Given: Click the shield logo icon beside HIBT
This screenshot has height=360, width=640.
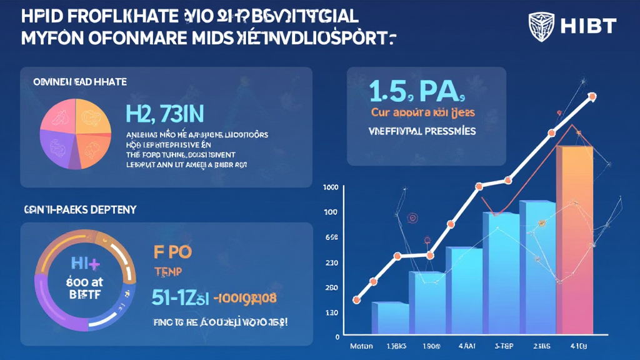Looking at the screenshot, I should point(541,26).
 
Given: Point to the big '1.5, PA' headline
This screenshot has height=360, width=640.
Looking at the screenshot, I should point(417,92).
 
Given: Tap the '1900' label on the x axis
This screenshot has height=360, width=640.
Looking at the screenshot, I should point(431,346).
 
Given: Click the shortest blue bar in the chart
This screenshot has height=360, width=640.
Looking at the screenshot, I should point(390,319).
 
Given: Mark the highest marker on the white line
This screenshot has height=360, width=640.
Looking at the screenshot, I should point(592,97).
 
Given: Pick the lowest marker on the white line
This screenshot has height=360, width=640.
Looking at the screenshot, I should point(356,300).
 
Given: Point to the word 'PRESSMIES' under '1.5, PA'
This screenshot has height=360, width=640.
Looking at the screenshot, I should point(440,132).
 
